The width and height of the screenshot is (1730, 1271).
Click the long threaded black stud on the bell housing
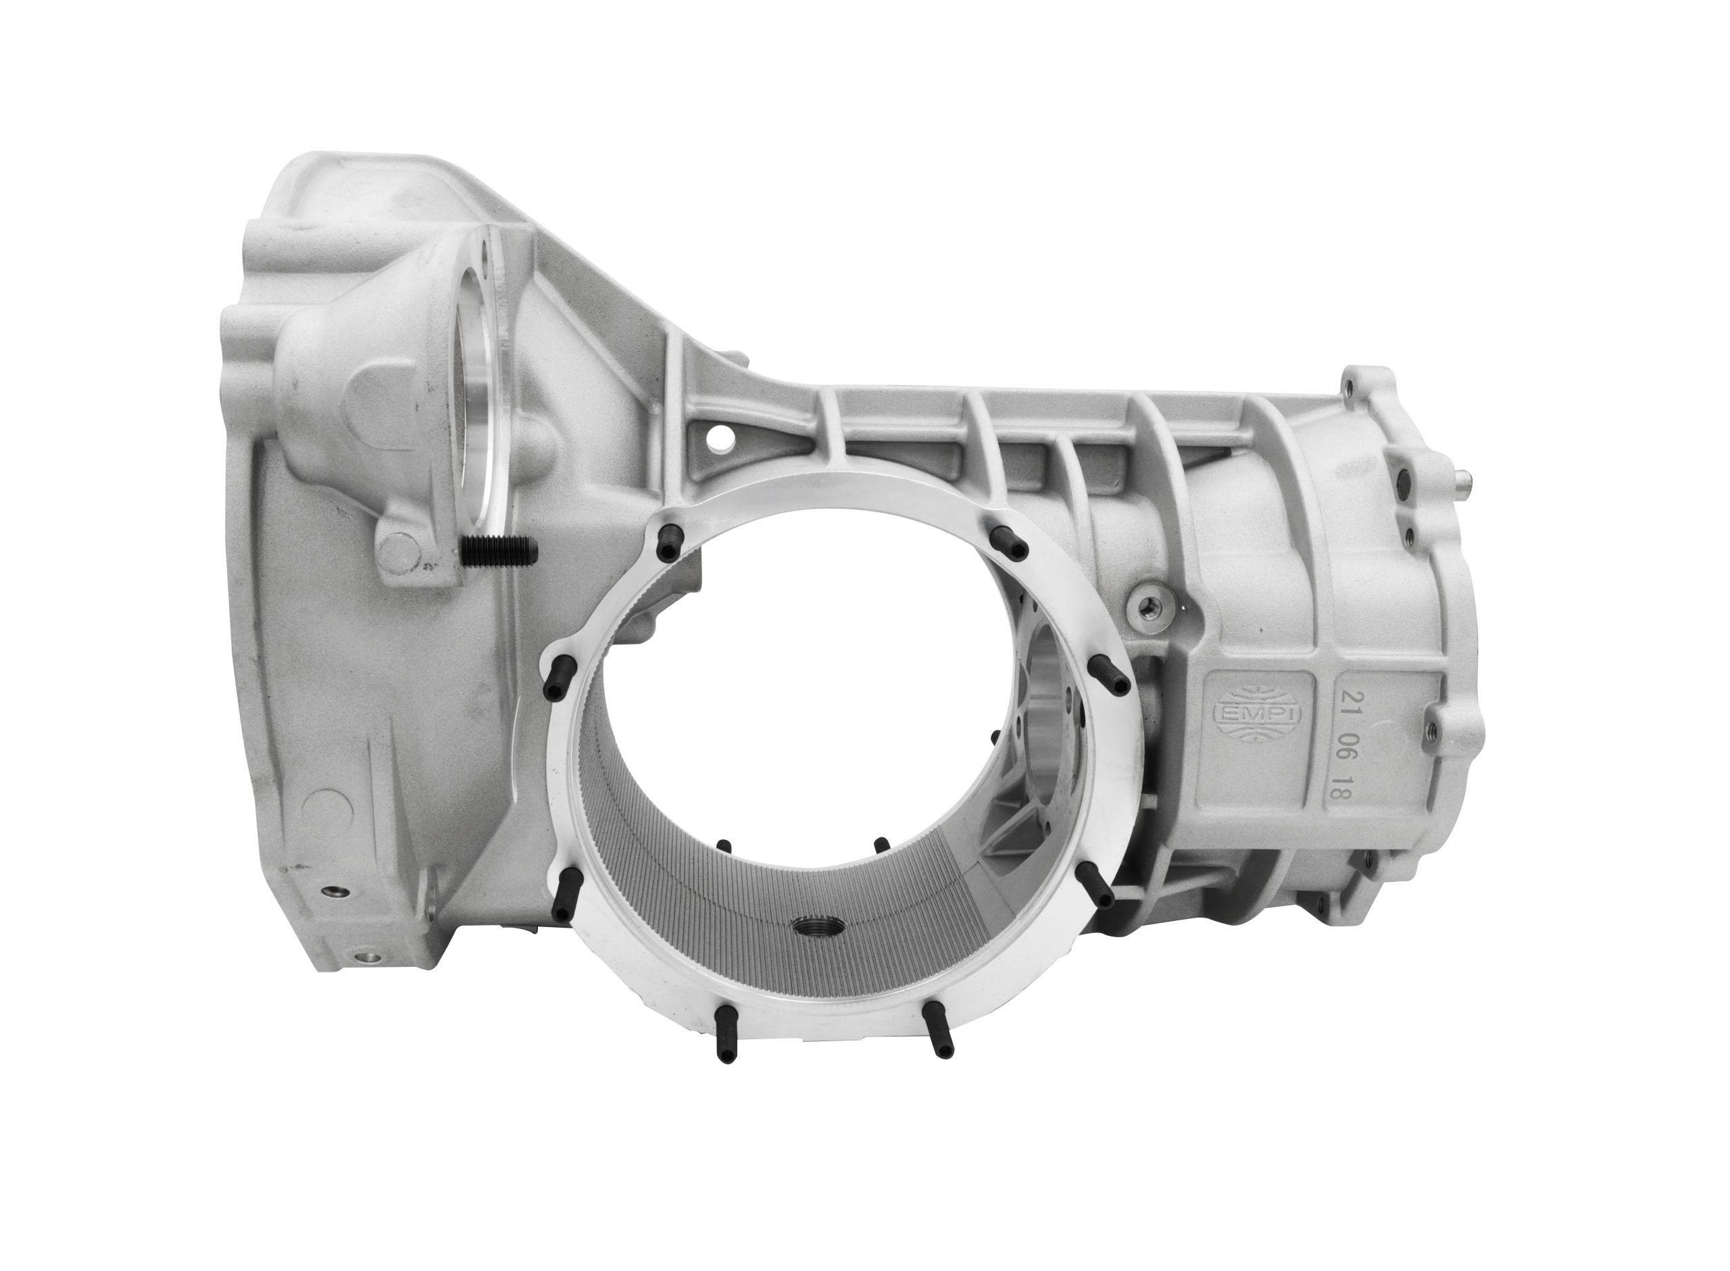(x=501, y=551)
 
